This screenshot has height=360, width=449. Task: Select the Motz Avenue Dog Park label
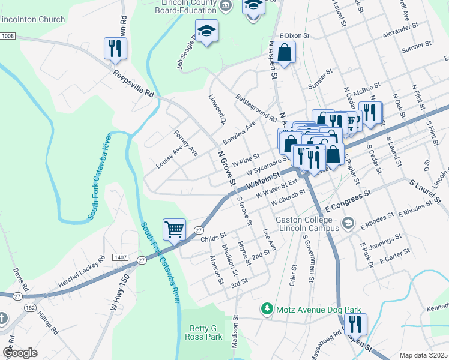click(318, 310)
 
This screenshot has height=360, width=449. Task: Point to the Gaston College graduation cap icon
click(348, 224)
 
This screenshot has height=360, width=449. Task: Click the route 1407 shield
click(117, 257)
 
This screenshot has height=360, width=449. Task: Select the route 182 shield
click(30, 307)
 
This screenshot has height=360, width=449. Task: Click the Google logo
click(20, 353)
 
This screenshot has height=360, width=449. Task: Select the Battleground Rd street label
click(256, 107)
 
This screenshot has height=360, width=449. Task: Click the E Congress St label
click(349, 197)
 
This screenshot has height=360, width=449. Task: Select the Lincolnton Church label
click(32, 19)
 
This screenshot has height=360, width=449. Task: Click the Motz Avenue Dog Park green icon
click(266, 309)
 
